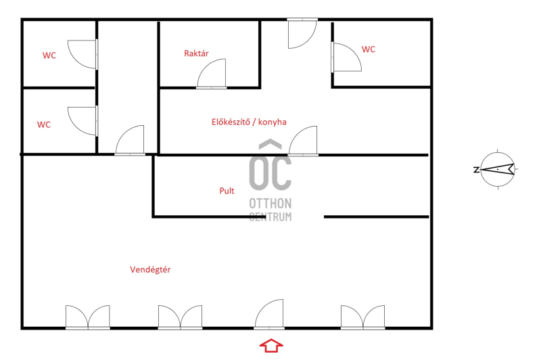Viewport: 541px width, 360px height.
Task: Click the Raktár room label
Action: (196, 53)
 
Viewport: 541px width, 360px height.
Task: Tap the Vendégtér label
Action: (150, 269)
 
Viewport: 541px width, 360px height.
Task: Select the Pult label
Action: (227, 191)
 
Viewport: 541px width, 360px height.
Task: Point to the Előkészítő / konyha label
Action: (249, 122)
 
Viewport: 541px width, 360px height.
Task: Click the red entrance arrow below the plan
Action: (271, 345)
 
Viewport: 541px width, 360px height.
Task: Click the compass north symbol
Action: (498, 169)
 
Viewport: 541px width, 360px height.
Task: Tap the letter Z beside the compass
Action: (476, 169)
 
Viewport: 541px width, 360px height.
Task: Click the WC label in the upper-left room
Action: (49, 55)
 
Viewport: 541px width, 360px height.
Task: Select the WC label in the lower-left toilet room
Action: (44, 125)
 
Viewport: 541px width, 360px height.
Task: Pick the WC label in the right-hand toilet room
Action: (368, 49)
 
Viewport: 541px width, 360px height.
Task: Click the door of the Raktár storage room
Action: (212, 74)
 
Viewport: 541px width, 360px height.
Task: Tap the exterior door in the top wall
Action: (302, 33)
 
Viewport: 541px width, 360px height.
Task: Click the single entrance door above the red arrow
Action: (269, 314)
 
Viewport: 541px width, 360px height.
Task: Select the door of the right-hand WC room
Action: (346, 58)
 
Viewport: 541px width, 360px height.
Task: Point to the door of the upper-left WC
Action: (83, 54)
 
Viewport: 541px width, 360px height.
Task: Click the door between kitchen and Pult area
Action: (303, 141)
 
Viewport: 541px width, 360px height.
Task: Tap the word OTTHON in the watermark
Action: (270, 204)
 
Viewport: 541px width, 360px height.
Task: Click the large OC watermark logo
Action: (270, 165)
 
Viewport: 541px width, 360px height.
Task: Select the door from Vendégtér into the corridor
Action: (130, 141)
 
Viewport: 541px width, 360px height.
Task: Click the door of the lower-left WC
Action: (83, 121)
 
